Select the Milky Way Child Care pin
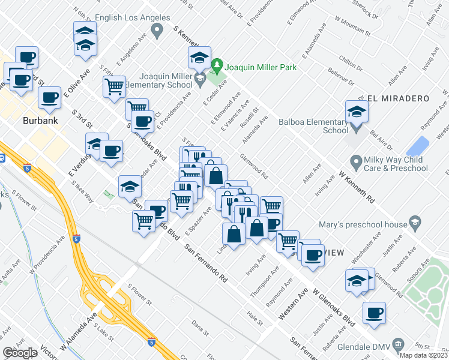tap(355, 161)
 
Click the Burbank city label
tap(40, 121)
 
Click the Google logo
tap(20, 353)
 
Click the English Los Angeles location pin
tap(157, 30)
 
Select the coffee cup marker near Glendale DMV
tap(374, 313)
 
